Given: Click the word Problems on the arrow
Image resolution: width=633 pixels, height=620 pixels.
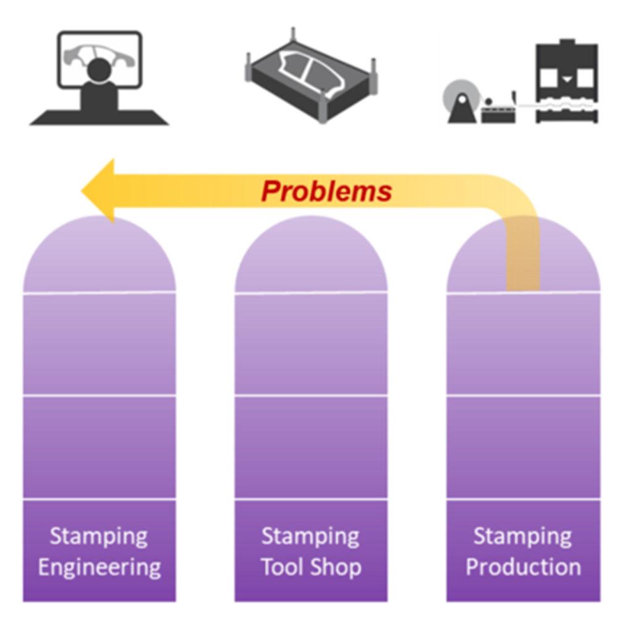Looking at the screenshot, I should (326, 191).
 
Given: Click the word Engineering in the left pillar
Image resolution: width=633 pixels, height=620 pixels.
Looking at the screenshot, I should (100, 567).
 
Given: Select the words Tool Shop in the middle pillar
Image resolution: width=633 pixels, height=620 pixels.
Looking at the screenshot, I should (311, 567).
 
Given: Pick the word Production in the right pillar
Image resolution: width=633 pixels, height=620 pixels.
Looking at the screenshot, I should (523, 567).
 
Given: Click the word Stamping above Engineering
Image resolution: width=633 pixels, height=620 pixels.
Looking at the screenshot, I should (99, 536).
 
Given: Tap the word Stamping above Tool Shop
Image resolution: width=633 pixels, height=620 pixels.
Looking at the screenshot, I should (310, 536).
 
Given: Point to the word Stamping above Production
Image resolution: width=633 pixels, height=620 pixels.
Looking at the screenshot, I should (522, 536).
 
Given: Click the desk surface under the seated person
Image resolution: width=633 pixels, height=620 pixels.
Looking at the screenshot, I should (99, 117).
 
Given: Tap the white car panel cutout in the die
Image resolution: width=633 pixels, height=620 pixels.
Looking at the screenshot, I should (309, 68).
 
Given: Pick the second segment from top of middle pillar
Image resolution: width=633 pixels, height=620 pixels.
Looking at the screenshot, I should (311, 343).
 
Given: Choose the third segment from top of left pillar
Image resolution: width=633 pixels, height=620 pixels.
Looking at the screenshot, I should (100, 446).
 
